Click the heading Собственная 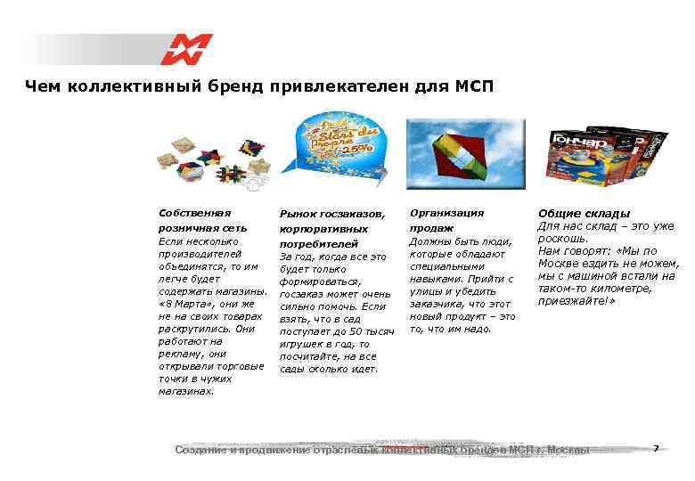[194, 213]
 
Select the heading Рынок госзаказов [332, 215]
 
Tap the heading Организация [447, 213]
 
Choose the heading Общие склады [585, 214]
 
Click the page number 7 [656, 448]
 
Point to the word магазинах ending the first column [185, 391]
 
